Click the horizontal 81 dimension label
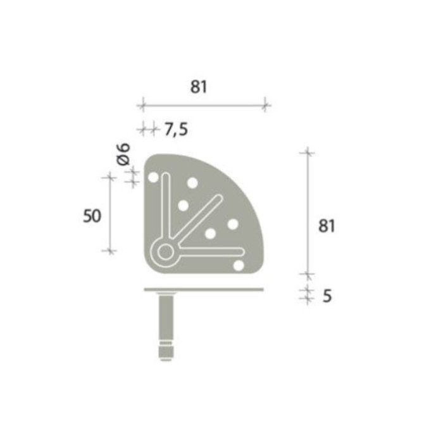pos(199,87)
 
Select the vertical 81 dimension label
pos(326,226)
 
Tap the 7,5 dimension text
pos(176,130)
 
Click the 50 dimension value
pos(92,216)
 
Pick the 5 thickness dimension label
pos(327,296)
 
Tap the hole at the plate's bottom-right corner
pos(238,265)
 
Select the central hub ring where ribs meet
pos(165,252)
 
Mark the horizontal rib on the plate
pos(209,252)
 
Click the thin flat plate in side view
pos(203,290)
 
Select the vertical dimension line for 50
pos(111,215)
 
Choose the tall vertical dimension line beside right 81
pos(308,212)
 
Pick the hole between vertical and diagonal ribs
pos(183,205)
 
